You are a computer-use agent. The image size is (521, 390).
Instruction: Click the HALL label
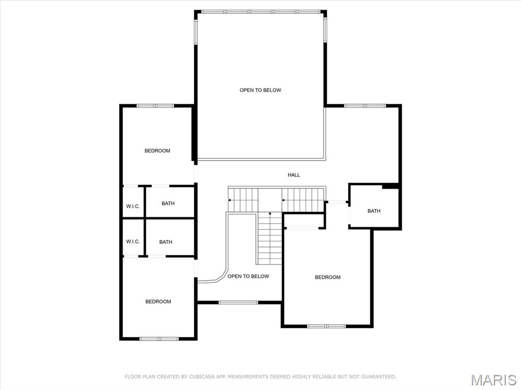(x=294, y=175)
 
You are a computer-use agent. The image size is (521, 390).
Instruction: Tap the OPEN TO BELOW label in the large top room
(x=260, y=90)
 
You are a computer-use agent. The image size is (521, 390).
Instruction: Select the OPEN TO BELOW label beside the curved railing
(x=248, y=276)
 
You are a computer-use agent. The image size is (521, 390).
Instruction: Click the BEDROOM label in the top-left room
(x=157, y=151)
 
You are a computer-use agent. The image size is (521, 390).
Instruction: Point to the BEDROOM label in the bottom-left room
(x=158, y=302)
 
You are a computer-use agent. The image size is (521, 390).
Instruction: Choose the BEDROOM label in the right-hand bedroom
(x=327, y=277)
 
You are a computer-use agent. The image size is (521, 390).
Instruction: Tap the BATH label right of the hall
(x=374, y=211)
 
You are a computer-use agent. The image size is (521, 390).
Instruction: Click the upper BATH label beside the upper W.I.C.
(x=168, y=203)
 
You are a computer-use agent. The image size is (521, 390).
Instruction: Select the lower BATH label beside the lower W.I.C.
(x=165, y=242)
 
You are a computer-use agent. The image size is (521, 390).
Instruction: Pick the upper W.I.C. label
(x=133, y=206)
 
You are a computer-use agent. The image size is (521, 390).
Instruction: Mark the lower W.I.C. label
(x=133, y=242)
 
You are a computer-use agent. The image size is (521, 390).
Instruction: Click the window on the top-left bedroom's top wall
(x=155, y=106)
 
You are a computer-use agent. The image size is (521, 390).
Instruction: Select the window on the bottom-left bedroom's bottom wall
(x=158, y=339)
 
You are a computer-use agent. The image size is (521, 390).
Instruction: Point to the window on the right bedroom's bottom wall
(x=327, y=326)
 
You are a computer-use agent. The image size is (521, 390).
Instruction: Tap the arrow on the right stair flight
(x=284, y=200)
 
